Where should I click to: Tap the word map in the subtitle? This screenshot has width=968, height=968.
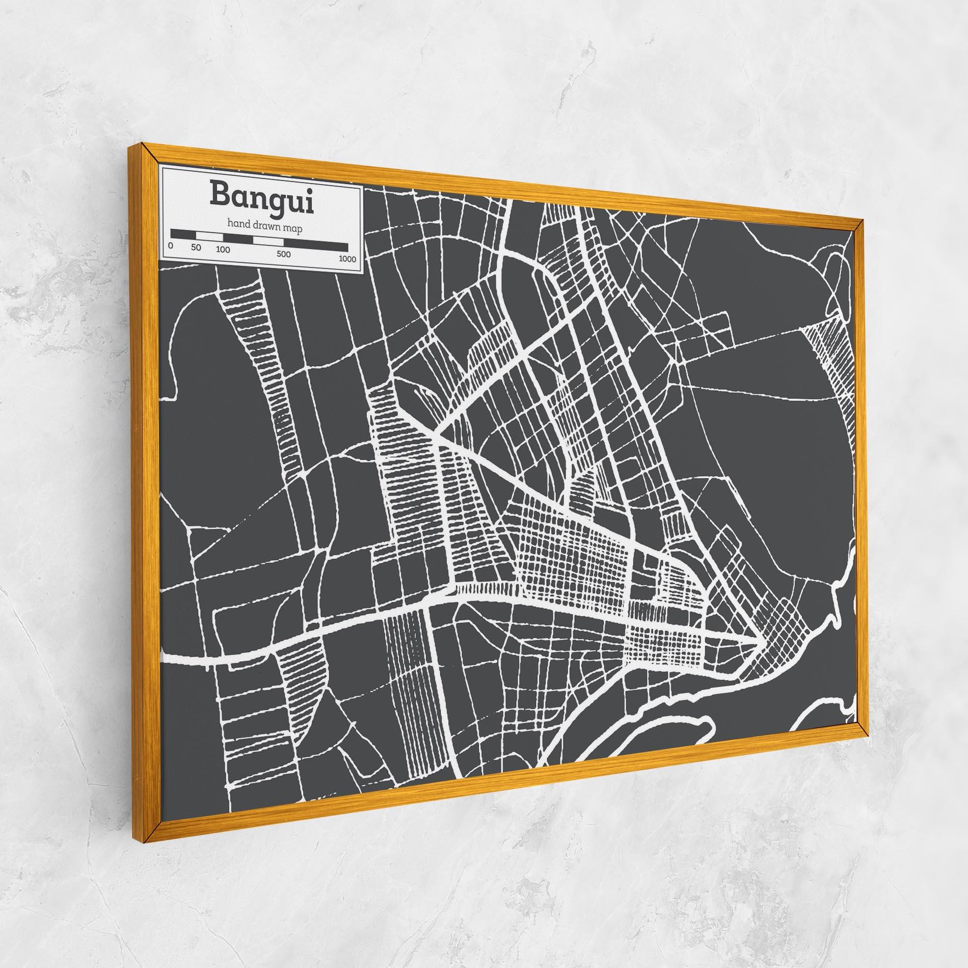coord(293,229)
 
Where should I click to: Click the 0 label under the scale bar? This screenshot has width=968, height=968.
coord(170,246)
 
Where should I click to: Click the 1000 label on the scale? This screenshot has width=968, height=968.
coord(347,259)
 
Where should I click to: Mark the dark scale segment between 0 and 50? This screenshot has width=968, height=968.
coord(183,234)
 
